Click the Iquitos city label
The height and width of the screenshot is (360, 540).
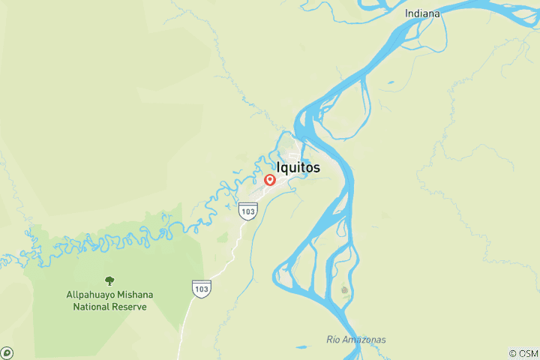coord(298,167)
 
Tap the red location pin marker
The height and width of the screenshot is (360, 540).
coord(270,180)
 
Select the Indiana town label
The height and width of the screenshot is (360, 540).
coord(422,13)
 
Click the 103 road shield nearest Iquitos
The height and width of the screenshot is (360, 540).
coord(248,211)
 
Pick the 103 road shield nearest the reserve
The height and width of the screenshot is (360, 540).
coord(201,287)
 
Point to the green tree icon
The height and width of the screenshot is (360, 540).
coord(109,280)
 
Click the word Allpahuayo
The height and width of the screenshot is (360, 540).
coord(92,295)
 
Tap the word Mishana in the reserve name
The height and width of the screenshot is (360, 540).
coord(135,295)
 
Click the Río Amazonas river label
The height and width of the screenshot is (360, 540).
coord(356,340)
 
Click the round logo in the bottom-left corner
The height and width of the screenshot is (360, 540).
coord(7,352)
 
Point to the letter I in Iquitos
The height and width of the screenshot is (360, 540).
coord(279,167)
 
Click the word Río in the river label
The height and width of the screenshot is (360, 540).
coord(334,340)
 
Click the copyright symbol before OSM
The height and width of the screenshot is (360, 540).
coord(511,352)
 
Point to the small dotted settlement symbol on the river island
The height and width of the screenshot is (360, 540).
coord(344,289)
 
